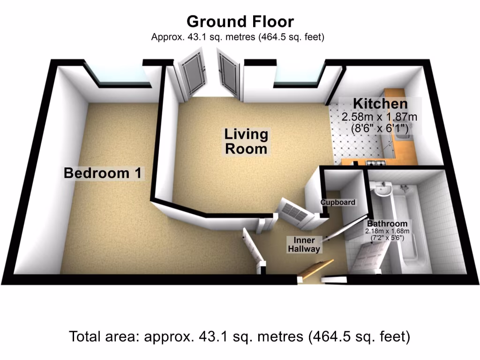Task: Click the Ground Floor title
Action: (240, 22)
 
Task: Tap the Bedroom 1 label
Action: (103, 173)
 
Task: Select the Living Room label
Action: (246, 142)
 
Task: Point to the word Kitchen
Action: (380, 104)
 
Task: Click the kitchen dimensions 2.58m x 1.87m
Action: (380, 116)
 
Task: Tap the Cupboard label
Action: (337, 202)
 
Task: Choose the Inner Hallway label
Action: (304, 245)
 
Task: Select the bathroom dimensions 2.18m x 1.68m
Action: (387, 231)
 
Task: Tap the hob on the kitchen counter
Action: (375, 163)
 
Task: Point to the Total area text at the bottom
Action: (240, 337)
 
